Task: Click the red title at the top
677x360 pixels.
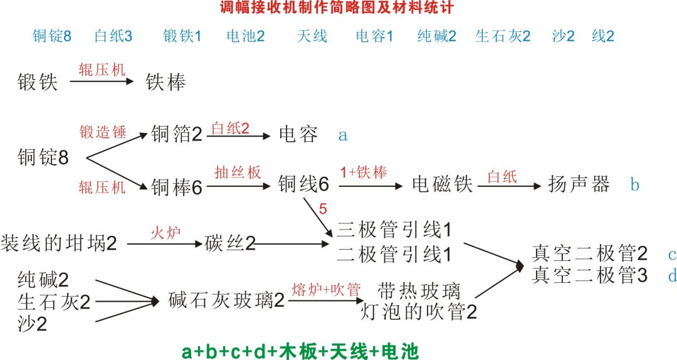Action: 337,7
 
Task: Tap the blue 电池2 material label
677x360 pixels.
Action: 246,36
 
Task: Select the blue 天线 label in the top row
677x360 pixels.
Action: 312,36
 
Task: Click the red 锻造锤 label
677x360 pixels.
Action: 103,132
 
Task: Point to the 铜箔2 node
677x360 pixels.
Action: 177,134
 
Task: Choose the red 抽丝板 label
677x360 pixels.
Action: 238,172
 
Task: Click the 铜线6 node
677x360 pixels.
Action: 303,184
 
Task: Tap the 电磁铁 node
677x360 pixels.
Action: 443,184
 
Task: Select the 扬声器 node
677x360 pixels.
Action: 579,184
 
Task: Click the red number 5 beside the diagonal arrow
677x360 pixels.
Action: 323,209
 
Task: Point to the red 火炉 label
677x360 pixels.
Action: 165,233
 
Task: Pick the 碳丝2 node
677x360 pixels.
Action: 230,244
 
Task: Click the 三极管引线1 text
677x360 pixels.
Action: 394,230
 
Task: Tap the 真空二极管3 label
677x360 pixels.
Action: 590,275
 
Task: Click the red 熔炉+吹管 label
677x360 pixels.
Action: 327,290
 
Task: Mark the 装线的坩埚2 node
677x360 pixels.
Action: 59,244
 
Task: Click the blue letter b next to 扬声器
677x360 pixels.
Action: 634,184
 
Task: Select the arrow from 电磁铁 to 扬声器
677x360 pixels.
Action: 510,186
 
